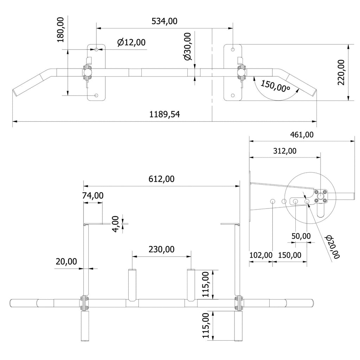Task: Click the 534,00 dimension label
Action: coord(164,21)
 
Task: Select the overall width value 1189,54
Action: coord(165,114)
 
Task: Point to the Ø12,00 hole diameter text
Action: coord(131,42)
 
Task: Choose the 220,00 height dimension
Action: coord(341,72)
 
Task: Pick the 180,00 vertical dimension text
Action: coord(60,30)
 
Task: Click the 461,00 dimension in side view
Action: coord(302,134)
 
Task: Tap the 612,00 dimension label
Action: coord(160,179)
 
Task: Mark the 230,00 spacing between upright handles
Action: coord(161,249)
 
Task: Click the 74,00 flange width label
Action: coord(93,196)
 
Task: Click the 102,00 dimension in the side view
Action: coord(261,255)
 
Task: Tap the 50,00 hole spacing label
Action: coord(301,236)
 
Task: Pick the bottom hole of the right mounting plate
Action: coord(232,95)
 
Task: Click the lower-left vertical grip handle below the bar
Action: coord(84,326)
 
